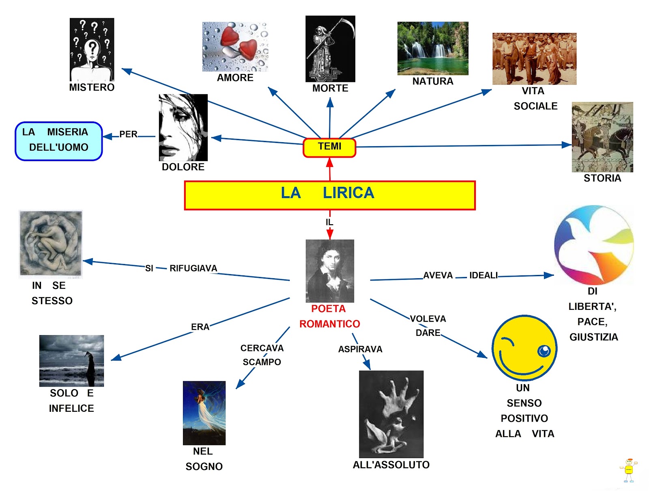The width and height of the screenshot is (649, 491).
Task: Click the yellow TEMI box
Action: tap(329, 147)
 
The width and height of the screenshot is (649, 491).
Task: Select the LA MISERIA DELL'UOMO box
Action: tap(59, 141)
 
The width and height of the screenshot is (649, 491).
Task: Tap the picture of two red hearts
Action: tap(235, 47)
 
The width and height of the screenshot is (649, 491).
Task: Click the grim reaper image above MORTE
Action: tap(330, 49)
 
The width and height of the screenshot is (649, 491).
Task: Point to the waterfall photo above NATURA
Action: tap(432, 48)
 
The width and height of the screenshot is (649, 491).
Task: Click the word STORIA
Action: tap(602, 178)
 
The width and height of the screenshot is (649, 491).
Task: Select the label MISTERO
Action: tap(92, 87)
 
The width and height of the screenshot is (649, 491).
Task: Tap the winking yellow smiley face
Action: tap(524, 348)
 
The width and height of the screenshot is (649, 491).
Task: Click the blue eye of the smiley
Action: tap(544, 350)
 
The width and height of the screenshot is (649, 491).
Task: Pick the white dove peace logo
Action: tap(594, 244)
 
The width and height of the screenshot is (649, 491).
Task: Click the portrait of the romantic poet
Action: tap(330, 271)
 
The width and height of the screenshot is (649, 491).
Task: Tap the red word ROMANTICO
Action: tap(329, 324)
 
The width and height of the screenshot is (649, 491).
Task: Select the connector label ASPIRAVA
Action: tap(360, 349)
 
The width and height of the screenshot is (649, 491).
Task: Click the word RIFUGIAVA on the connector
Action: tap(193, 268)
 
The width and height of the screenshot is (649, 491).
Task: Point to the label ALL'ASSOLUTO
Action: tap(391, 465)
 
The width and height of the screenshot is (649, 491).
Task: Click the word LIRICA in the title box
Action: tap(348, 193)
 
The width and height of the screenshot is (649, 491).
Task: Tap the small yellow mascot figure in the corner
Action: tap(628, 470)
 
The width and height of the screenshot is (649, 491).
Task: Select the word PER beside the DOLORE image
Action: tap(128, 134)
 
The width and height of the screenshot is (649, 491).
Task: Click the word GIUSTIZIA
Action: tap(593, 337)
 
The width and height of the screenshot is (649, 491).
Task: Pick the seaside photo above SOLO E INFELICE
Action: tap(71, 361)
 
